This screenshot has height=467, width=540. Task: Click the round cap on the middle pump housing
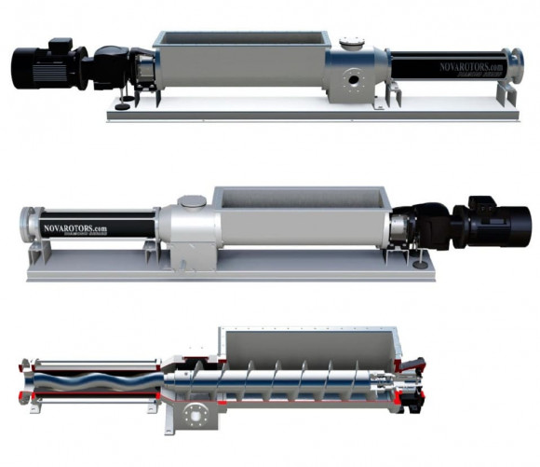click(x=191, y=200)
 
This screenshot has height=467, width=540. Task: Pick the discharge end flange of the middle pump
click(x=23, y=229)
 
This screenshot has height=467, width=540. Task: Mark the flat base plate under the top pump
click(x=307, y=114)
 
